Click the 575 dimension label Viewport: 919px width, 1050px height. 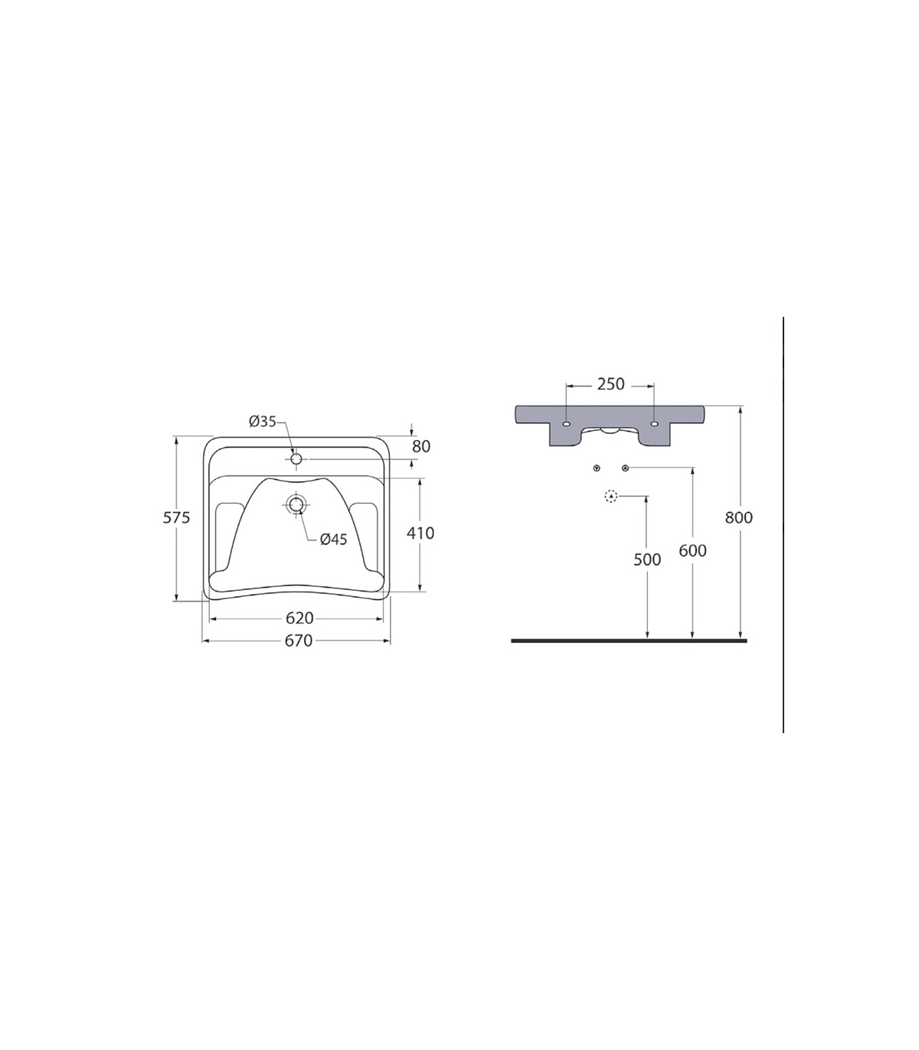pos(177,518)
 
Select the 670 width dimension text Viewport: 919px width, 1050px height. pos(298,641)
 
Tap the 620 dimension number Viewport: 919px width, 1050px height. pos(299,618)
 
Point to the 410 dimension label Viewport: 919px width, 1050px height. pos(420,533)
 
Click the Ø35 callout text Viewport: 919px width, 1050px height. pos(263,422)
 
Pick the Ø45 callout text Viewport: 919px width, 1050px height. pos(334,540)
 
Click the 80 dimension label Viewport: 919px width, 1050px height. pos(421,446)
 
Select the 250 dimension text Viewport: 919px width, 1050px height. pos(610,384)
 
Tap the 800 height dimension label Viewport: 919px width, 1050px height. pos(739,518)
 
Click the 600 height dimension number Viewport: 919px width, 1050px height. pos(692,551)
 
